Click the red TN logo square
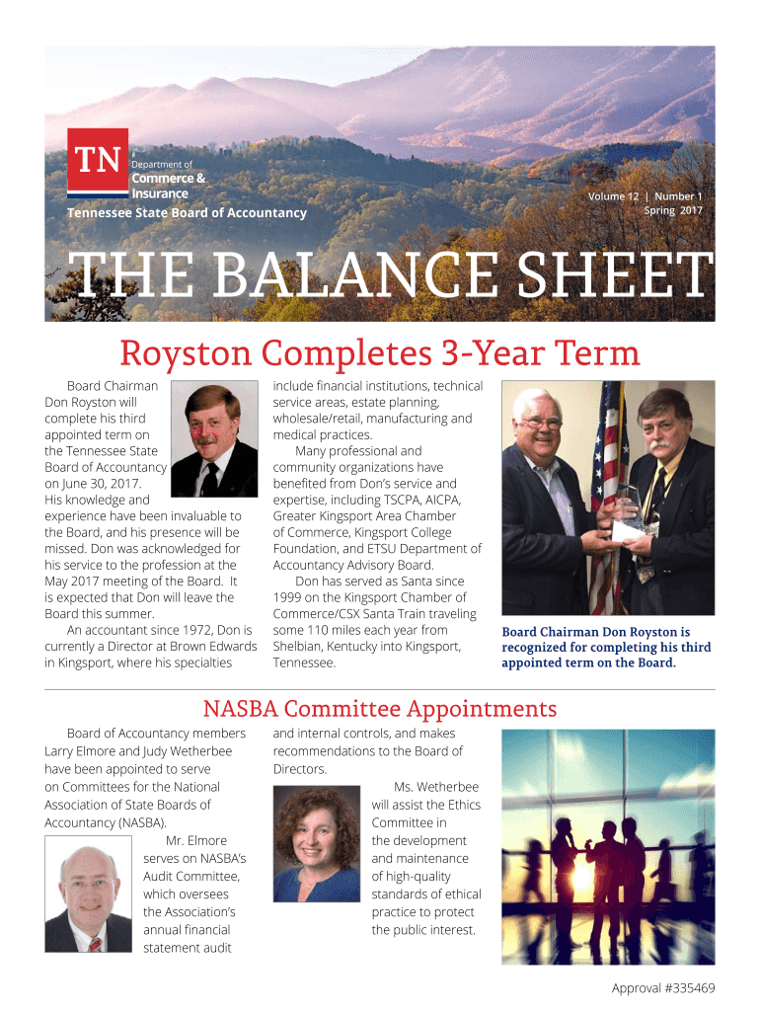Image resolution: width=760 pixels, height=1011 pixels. [98, 160]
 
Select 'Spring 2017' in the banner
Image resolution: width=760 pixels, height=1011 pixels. [673, 210]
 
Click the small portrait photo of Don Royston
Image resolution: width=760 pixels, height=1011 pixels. [214, 439]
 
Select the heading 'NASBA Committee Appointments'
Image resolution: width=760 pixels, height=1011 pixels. [379, 709]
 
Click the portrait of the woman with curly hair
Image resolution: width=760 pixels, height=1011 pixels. [316, 843]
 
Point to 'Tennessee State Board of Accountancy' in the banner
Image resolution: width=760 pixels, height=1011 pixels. [187, 213]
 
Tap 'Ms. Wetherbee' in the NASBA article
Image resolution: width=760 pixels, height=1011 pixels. [435, 787]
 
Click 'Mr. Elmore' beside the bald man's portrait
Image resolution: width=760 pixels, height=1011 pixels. [196, 840]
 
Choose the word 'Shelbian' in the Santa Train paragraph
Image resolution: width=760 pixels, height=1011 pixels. [299, 646]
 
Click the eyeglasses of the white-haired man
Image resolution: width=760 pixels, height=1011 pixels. [541, 423]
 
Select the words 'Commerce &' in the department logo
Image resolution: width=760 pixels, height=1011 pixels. [169, 179]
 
